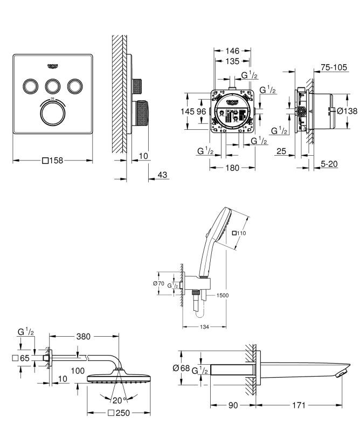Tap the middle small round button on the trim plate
click(x=53, y=86)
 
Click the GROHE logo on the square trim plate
click(x=53, y=66)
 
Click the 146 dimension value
click(x=232, y=51)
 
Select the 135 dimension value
click(x=232, y=61)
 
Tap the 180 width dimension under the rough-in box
click(x=232, y=168)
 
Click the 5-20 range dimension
click(x=329, y=164)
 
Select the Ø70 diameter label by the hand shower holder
click(x=158, y=283)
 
